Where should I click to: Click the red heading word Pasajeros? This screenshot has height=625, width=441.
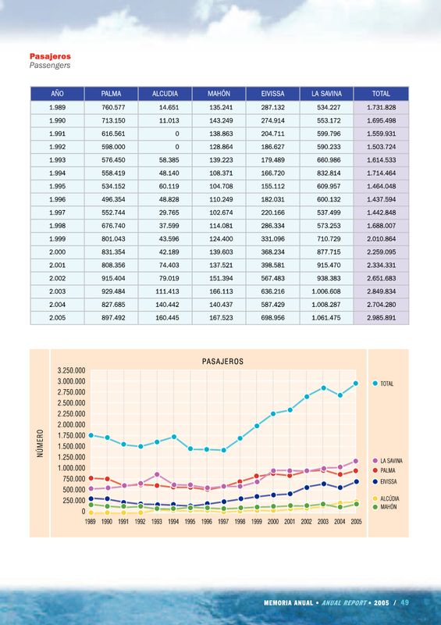pyautogui.click(x=50, y=56)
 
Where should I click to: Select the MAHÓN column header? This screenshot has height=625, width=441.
pyautogui.click(x=219, y=94)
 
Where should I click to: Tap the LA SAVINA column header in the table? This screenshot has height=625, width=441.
pyautogui.click(x=327, y=94)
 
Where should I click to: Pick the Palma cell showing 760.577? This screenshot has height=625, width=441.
pyautogui.click(x=113, y=107)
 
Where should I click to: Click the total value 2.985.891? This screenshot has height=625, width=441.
pyautogui.click(x=381, y=318)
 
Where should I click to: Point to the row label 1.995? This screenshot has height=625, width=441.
pyautogui.click(x=57, y=186)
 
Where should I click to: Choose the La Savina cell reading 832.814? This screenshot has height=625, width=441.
pyautogui.click(x=329, y=173)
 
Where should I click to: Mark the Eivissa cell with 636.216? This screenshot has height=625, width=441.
pyautogui.click(x=273, y=291)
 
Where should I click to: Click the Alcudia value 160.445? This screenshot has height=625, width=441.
pyautogui.click(x=167, y=318)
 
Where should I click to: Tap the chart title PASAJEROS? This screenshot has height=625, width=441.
pyautogui.click(x=222, y=362)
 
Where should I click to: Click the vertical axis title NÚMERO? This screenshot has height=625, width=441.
pyautogui.click(x=40, y=443)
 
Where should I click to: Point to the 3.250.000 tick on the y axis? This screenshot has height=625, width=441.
pyautogui.click(x=72, y=370)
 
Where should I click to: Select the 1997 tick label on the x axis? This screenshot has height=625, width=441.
pyautogui.click(x=223, y=521)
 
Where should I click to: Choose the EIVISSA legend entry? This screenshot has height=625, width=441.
pyautogui.click(x=385, y=481)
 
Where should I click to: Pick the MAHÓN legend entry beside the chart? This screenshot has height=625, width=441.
pyautogui.click(x=385, y=507)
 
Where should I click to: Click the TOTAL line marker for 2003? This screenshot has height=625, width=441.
pyautogui.click(x=323, y=387)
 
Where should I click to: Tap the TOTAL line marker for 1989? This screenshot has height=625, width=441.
pyautogui.click(x=91, y=435)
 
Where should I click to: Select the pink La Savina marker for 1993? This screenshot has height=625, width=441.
pyautogui.click(x=157, y=474)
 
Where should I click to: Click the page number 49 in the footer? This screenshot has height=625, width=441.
pyautogui.click(x=405, y=602)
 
